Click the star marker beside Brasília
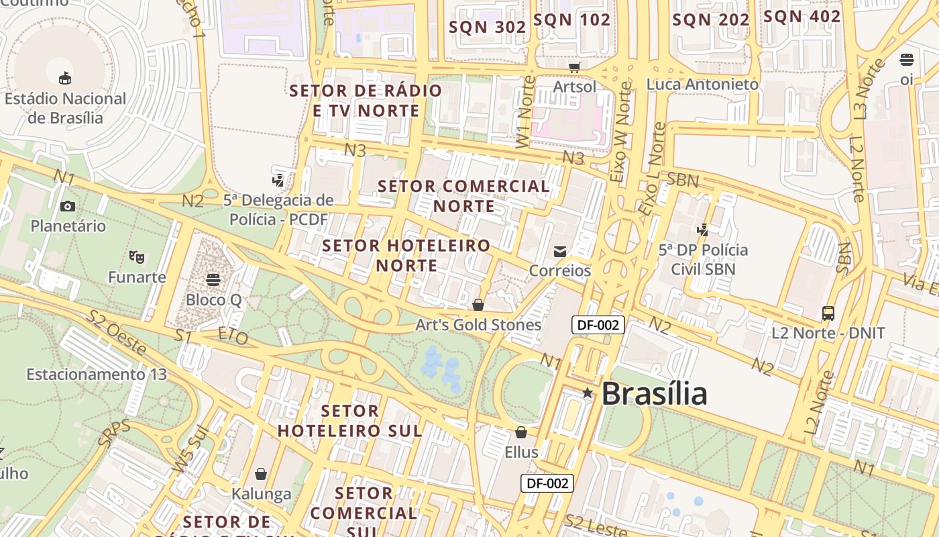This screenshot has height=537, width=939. (x=588, y=393)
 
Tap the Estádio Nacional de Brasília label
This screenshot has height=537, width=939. (x=65, y=108)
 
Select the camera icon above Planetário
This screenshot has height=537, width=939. (x=68, y=206)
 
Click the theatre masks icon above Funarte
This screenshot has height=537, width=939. (x=137, y=256)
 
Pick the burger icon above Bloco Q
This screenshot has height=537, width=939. (x=213, y=279)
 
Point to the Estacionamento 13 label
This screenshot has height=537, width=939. (x=97, y=374)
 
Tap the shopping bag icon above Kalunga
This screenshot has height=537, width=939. (x=261, y=474)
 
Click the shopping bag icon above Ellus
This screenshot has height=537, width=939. (x=521, y=432)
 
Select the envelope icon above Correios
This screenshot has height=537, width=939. (x=560, y=251)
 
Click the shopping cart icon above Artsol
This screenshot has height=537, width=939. (x=574, y=66)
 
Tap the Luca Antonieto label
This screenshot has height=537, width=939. (x=702, y=85)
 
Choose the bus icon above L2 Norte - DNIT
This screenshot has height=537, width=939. (x=828, y=313)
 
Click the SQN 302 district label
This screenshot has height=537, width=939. (x=488, y=27)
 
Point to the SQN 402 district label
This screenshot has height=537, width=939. (x=802, y=17)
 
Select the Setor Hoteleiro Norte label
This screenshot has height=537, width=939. (x=406, y=255)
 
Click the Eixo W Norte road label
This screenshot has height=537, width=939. (x=621, y=132)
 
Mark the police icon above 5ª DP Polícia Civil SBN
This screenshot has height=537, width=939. (x=702, y=230)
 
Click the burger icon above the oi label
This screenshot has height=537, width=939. (x=907, y=60)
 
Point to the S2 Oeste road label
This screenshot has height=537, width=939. (x=117, y=332)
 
